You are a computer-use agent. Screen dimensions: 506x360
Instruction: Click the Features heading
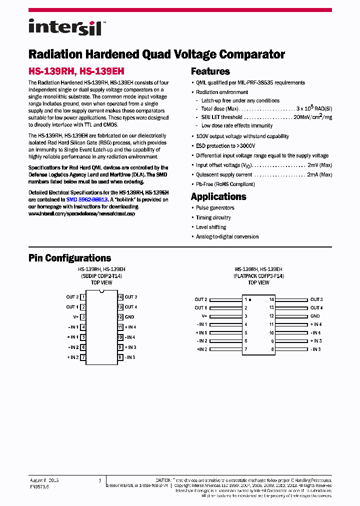pyautogui.click(x=210, y=71)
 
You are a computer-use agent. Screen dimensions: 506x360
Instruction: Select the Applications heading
pyautogui.click(x=218, y=196)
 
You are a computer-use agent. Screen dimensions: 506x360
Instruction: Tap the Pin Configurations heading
pyautogui.click(x=69, y=258)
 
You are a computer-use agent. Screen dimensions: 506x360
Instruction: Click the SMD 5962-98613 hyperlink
pyautogui.click(x=87, y=199)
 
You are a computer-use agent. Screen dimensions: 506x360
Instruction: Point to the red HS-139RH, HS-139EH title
pyautogui.click(x=76, y=71)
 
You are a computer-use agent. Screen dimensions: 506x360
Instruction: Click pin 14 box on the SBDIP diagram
pyautogui.click(x=120, y=297)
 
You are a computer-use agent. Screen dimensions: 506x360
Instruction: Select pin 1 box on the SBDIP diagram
pyautogui.click(x=83, y=297)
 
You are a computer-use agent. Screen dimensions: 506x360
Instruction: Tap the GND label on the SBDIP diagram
pyautogui.click(x=129, y=317)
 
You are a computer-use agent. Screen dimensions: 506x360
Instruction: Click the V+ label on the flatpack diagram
pyautogui.click(x=204, y=316)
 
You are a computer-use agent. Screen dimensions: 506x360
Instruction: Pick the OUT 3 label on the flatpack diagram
pyautogui.click(x=316, y=299)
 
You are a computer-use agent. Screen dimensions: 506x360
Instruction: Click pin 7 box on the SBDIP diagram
pyautogui.click(x=83, y=357)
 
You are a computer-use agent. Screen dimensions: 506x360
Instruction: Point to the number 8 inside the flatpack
pyautogui.click(x=272, y=349)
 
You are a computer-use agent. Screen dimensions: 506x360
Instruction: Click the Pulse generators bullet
pyautogui.click(x=215, y=208)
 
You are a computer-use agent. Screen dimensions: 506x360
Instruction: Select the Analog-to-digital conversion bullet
pyautogui.click(x=227, y=236)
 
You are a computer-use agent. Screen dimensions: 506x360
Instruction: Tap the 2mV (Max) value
pyautogui.click(x=319, y=165)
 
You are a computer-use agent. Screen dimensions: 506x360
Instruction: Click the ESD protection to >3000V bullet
pyautogui.click(x=225, y=146)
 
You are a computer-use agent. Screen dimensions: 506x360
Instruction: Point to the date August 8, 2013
pyautogui.click(x=44, y=480)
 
